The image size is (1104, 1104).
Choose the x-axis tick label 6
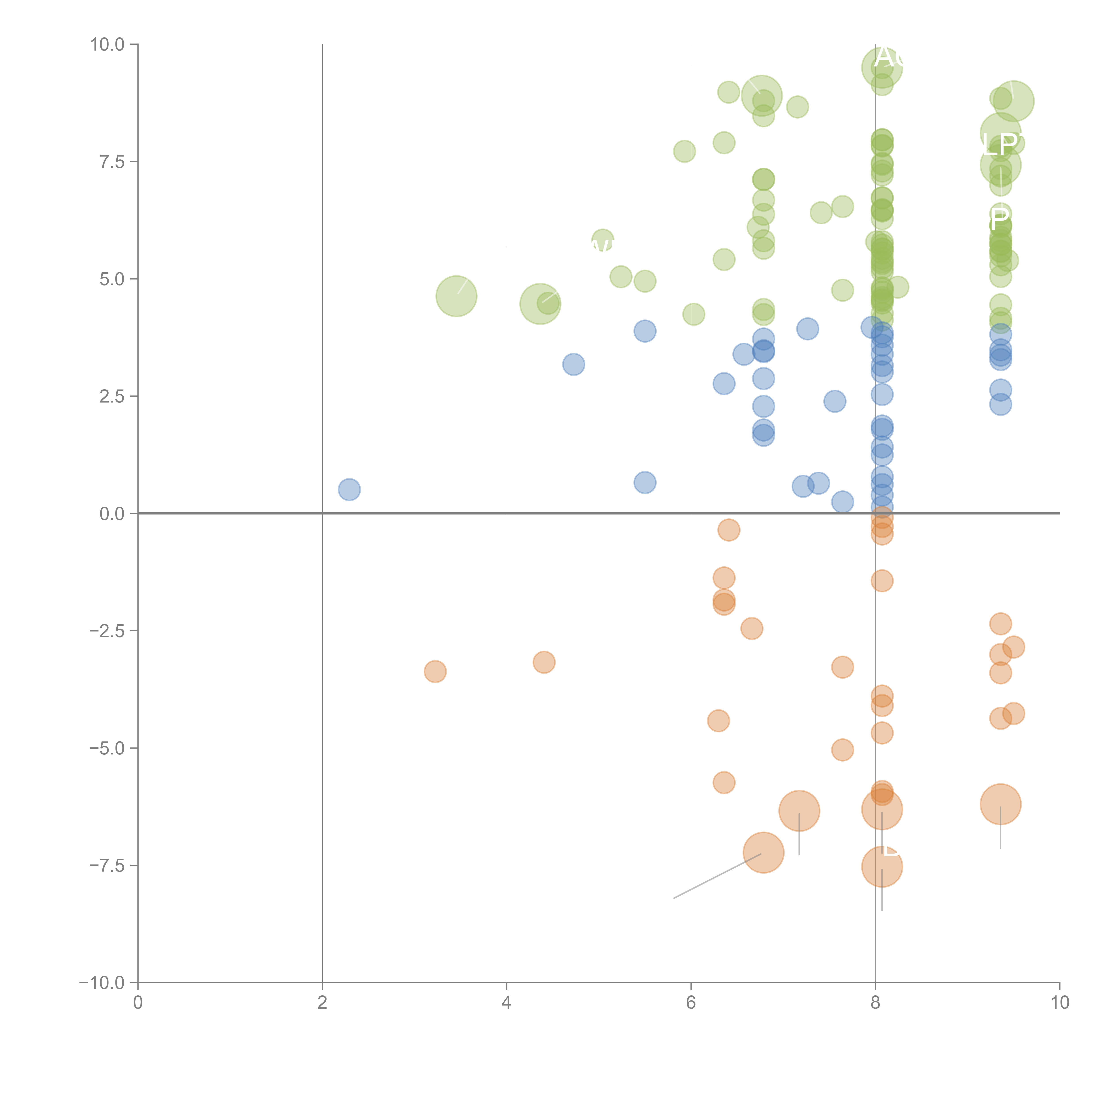tap(691, 1003)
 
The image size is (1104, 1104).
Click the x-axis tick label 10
tap(1059, 1003)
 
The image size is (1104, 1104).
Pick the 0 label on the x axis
tap(138, 1003)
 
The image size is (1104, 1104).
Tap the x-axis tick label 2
tap(322, 1003)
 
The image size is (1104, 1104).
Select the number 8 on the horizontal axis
tap(875, 1003)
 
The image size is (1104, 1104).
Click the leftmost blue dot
tap(349, 490)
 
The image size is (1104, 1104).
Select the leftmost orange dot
tap(435, 671)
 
